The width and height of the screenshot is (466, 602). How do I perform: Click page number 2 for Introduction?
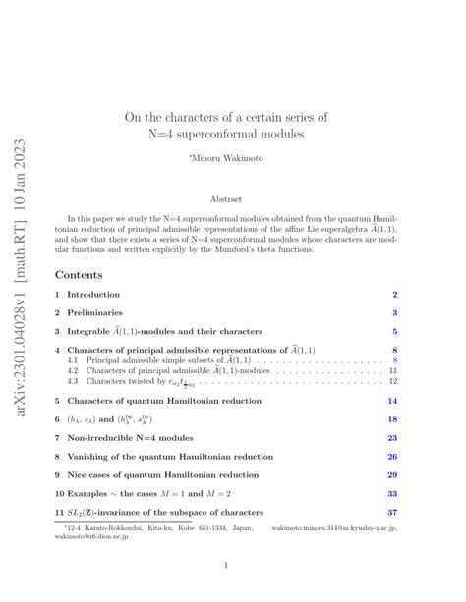(394, 295)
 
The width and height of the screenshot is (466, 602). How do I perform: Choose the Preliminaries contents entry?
(95, 312)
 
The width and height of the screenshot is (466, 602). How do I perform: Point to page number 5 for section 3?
(394, 331)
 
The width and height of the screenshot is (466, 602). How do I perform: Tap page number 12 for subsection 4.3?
(392, 382)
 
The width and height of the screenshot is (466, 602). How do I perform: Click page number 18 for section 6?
(392, 418)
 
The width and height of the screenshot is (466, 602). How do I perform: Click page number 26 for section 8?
(392, 456)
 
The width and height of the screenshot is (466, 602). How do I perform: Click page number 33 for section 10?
(392, 493)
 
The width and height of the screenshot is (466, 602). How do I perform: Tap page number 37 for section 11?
(392, 512)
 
